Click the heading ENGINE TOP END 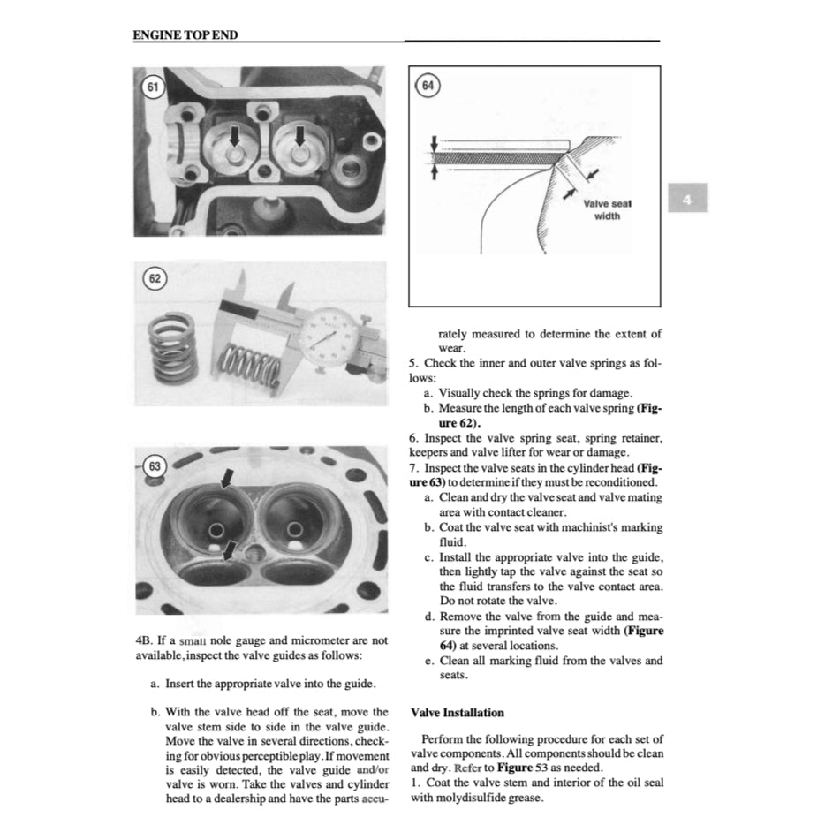[185, 35]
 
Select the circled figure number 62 [155, 280]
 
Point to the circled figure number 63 [155, 466]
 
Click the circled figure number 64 [428, 86]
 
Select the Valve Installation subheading [458, 713]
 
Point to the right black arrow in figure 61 [299, 135]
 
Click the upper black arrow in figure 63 [227, 478]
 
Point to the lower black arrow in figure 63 [229, 550]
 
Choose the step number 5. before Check [413, 363]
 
